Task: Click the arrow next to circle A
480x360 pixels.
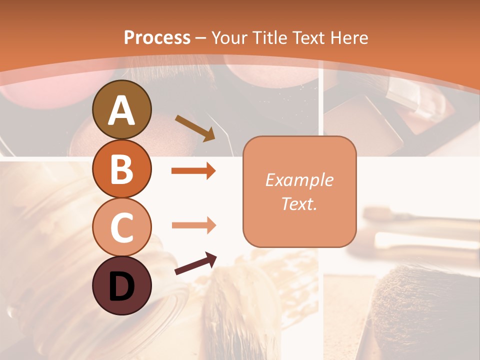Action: [x=195, y=128]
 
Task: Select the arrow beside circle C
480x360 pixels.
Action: [x=193, y=225]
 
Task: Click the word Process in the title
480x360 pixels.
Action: [x=157, y=37]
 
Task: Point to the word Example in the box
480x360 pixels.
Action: [x=299, y=180]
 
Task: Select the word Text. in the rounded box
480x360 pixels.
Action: [x=299, y=203]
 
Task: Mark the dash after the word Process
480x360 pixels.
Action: [x=201, y=38]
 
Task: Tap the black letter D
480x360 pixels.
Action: [x=122, y=286]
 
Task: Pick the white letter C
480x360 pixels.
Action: [x=122, y=227]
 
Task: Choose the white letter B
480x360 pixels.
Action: [x=122, y=168]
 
